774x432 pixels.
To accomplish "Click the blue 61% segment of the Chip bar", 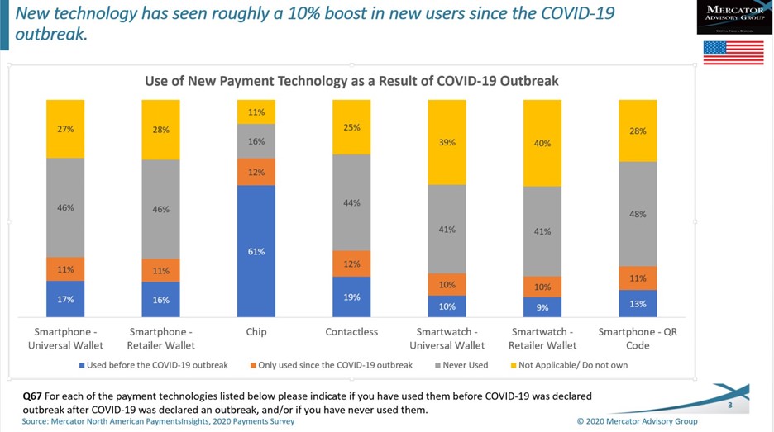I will (256, 251).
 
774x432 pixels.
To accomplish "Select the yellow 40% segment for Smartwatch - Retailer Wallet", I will (542, 143).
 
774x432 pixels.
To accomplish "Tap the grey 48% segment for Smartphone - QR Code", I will (638, 214).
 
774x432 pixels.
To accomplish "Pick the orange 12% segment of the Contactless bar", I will (351, 263).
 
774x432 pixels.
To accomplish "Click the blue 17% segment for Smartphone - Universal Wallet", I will (65, 299).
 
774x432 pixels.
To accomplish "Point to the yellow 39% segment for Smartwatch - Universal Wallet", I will (447, 142).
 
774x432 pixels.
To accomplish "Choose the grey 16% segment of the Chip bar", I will (256, 141).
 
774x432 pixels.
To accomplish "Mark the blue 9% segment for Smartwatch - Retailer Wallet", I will (542, 307).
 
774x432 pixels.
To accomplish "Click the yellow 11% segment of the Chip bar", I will (256, 112).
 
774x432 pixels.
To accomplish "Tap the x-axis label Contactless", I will (351, 332).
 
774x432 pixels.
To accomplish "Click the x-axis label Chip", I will (256, 332).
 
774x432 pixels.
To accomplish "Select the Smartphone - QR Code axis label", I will (638, 339).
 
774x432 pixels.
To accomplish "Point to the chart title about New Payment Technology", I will (351, 81).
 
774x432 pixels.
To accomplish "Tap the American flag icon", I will (733, 52).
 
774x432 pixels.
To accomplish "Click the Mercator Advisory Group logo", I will (734, 17).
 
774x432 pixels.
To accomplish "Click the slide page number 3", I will (729, 406).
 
